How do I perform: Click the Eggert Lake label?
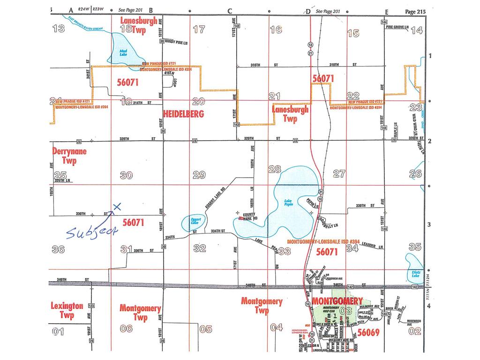[193, 220]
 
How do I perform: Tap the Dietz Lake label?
[415, 274]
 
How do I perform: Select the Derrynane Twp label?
[68, 157]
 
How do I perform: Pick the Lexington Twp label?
[67, 311]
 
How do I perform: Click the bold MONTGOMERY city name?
[337, 300]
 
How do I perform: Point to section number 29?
[199, 175]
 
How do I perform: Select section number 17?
[199, 29]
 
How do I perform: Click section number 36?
[58, 249]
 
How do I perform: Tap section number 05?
[205, 329]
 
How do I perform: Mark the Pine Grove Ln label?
[398, 27]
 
